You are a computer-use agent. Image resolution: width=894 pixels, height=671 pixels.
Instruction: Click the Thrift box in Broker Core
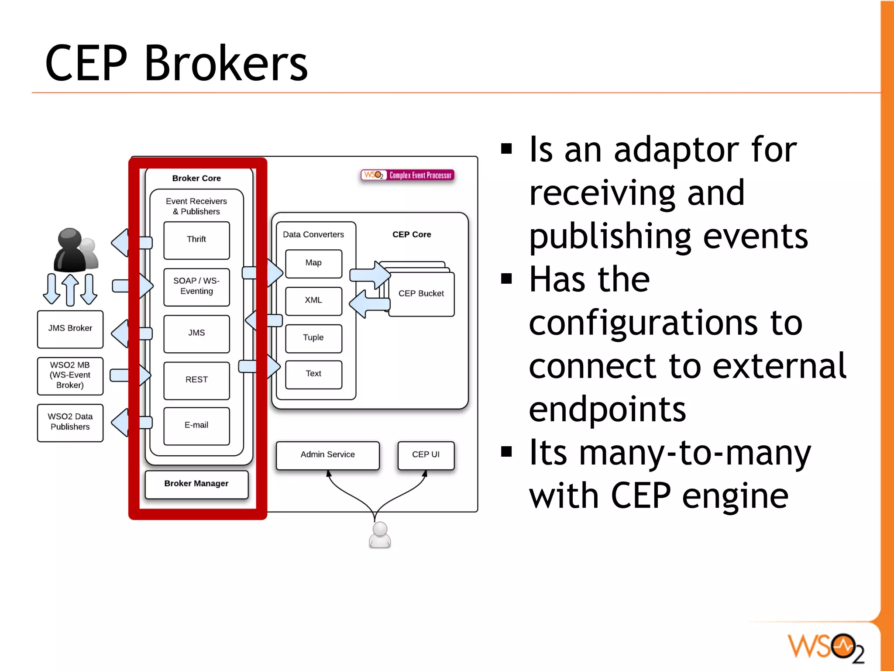click(196, 240)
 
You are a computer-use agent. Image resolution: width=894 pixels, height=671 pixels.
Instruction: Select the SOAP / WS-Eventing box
click(196, 286)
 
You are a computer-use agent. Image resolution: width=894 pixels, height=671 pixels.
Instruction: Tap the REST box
click(196, 380)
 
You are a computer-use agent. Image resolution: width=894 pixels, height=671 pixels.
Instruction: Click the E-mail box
click(196, 426)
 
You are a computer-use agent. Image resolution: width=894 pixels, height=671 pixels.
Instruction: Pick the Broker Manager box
click(196, 484)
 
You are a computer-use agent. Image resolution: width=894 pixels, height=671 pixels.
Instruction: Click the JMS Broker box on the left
click(70, 329)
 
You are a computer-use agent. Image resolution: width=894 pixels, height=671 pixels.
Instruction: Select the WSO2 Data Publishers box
click(70, 422)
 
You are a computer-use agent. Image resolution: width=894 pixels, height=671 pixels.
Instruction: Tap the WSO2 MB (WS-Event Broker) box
click(70, 375)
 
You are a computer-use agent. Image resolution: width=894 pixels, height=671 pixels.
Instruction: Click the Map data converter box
click(313, 263)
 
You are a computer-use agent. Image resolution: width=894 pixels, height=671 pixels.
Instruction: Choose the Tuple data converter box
click(313, 338)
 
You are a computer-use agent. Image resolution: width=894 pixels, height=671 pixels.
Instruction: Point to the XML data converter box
click(313, 300)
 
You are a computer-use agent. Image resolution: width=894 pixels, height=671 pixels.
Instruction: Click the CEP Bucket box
click(421, 294)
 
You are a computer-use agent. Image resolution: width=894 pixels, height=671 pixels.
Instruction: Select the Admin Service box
click(328, 455)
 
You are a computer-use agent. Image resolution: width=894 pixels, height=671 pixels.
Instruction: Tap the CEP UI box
click(426, 455)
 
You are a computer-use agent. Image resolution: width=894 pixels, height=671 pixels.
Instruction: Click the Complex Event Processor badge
click(408, 175)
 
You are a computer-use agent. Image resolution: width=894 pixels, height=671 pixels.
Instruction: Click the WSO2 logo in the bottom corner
click(825, 647)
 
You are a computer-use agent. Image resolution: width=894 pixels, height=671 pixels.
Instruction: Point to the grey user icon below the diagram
click(380, 535)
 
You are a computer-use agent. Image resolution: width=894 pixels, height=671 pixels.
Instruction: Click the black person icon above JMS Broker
click(70, 250)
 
